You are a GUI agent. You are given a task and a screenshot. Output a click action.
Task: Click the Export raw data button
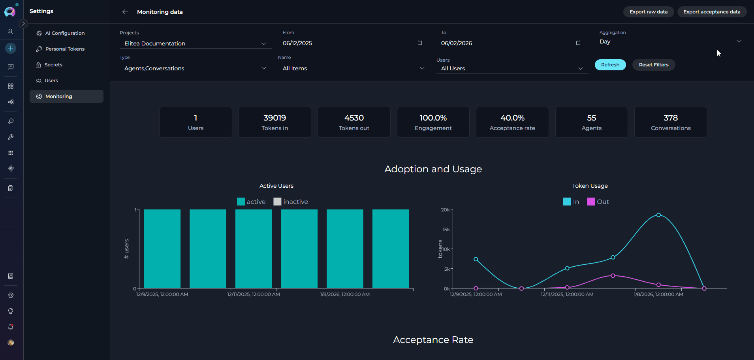tap(648, 12)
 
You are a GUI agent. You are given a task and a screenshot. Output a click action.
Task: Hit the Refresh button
tap(610, 65)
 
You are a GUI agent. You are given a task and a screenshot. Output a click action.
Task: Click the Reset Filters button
tap(653, 65)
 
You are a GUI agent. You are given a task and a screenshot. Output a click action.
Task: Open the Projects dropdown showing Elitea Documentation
tap(195, 43)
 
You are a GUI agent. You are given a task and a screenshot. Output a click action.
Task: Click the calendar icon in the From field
tap(420, 43)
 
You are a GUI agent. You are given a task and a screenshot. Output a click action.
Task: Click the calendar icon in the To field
tap(578, 43)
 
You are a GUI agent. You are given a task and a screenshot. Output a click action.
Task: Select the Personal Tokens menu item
tap(65, 49)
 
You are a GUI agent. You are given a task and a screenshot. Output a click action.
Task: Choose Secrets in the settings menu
tap(53, 65)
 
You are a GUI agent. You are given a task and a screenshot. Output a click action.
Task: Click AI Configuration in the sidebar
tap(65, 33)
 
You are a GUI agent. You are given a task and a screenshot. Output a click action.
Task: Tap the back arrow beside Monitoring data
tap(125, 12)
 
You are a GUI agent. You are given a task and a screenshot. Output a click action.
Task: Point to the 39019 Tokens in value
tap(275, 118)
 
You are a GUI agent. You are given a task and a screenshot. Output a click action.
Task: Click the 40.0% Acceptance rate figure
tap(512, 118)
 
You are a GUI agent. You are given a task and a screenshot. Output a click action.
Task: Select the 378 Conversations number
tap(671, 118)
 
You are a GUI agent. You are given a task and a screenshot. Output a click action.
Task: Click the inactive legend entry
tap(291, 202)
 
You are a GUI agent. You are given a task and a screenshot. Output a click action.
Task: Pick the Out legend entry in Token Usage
tap(598, 202)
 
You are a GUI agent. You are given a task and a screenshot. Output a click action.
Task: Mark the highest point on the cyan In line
tap(658, 215)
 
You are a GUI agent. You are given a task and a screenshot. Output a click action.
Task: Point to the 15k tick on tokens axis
tap(446, 229)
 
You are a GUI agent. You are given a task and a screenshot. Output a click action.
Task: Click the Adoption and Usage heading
tap(433, 169)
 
